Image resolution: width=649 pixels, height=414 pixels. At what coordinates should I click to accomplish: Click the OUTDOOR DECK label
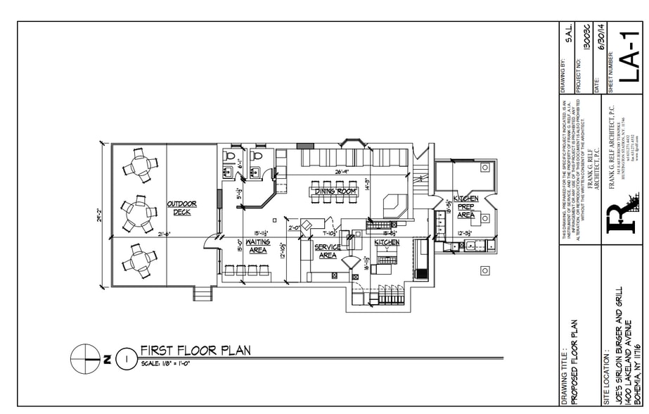point(181,208)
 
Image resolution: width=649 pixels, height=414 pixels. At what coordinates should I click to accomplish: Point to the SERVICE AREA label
point(327,251)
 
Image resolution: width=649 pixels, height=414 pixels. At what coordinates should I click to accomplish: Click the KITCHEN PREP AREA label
point(465,207)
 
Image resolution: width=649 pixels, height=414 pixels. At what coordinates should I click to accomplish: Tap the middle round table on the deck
point(136,215)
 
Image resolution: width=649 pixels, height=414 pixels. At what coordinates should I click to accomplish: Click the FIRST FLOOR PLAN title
point(195,350)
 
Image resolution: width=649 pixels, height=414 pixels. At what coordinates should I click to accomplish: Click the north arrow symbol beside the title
point(84,358)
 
